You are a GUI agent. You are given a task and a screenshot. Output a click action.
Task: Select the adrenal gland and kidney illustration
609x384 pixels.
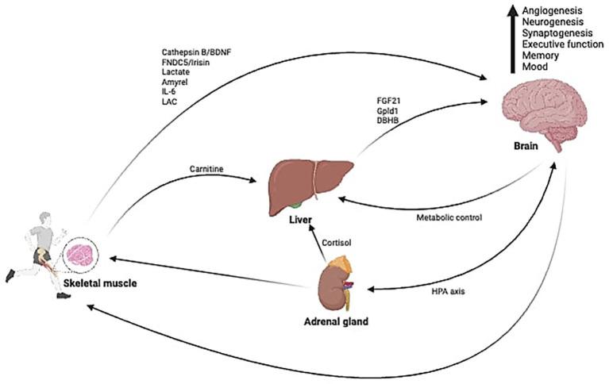pyautogui.click(x=338, y=285)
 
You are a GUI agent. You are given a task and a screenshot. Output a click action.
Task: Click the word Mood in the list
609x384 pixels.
pyautogui.click(x=515, y=68)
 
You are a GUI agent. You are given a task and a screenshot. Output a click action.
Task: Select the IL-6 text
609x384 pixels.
pyautogui.click(x=170, y=91)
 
